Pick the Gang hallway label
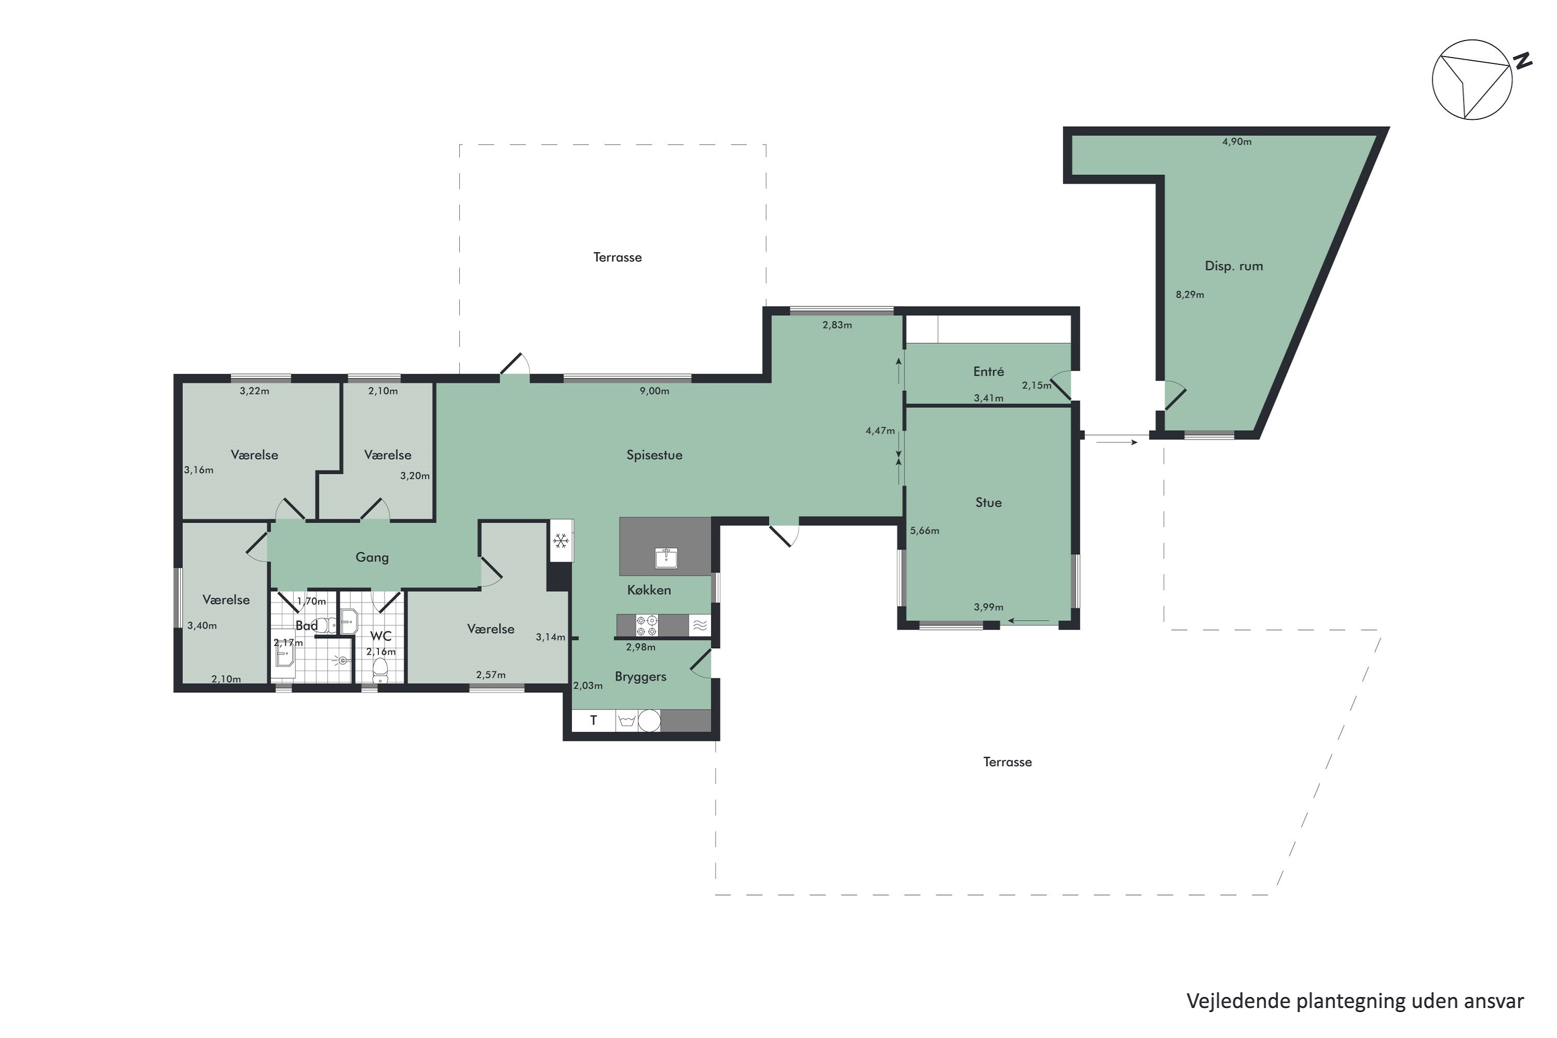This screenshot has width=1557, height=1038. tap(372, 558)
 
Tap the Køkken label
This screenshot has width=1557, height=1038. tap(649, 590)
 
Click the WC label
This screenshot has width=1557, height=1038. tap(380, 636)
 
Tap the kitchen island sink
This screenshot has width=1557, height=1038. tap(666, 558)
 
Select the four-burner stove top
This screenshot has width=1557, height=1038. tap(647, 625)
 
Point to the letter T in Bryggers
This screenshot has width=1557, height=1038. tap(593, 720)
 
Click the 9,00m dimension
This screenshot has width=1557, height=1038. tap(654, 391)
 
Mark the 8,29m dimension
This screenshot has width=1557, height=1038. tap(1190, 295)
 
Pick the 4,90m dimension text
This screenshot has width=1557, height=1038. tap(1237, 142)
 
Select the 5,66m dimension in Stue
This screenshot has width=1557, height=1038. tap(924, 530)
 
